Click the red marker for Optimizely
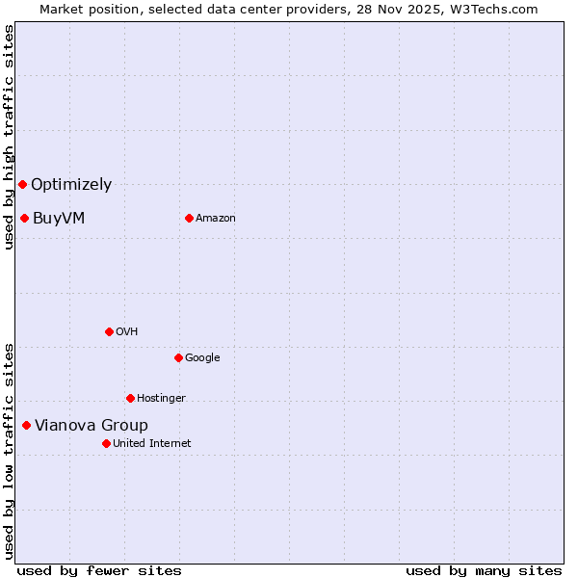pos(22,184)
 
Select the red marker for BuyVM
pos(24,218)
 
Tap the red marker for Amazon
pos(189,218)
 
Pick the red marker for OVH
pos(109,331)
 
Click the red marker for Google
pos(178,357)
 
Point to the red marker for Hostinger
pos(130,398)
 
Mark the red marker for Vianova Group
pos(26,425)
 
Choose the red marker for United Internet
pos(106,443)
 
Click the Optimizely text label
pos(71,185)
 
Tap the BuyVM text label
pos(59,219)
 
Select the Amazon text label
pos(216,219)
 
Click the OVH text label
pos(127,332)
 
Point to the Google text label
pos(202,358)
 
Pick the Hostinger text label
pos(161,399)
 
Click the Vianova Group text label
pos(92,426)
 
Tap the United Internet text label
pos(152,444)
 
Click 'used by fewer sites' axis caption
pos(99,570)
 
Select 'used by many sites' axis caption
pos(484,570)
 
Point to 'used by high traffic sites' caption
pos(9,137)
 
